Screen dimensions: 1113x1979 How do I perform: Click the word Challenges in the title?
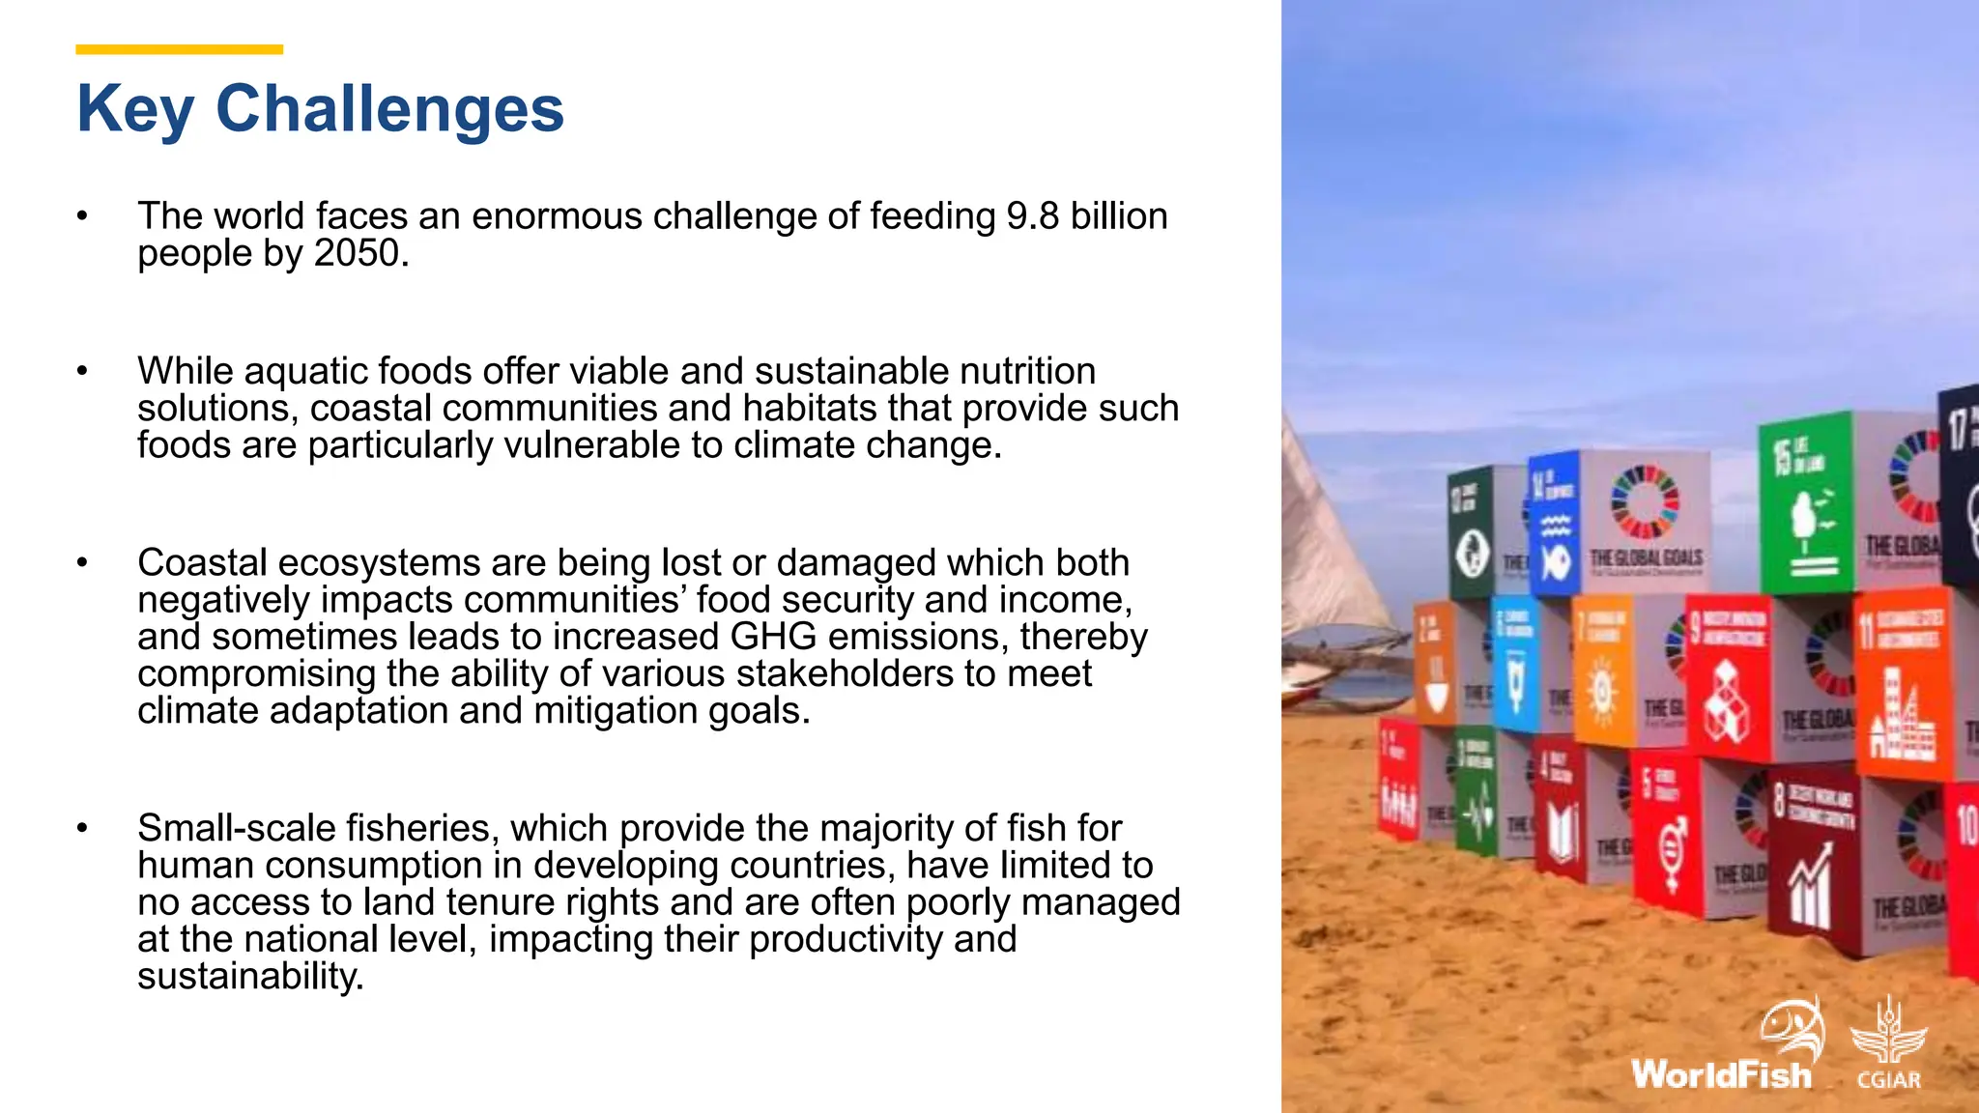click(x=389, y=108)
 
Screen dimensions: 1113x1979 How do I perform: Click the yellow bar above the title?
click(x=180, y=49)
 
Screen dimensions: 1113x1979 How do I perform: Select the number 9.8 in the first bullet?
click(x=1032, y=216)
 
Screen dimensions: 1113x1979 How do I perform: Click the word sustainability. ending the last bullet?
click(x=250, y=977)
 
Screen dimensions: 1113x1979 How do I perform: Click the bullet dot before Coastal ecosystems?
click(x=83, y=563)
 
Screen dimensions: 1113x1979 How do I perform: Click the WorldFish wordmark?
click(x=1721, y=1074)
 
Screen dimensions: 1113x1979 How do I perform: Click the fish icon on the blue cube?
click(x=1555, y=561)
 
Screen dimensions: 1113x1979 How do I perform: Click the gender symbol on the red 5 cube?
click(x=1673, y=848)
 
